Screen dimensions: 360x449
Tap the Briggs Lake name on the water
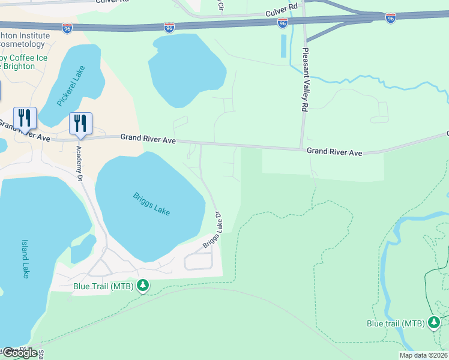coord(151,203)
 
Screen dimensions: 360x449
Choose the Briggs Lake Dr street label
coord(212,230)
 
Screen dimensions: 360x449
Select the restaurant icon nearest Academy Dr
coord(80,124)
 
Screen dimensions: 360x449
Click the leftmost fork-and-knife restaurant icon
coord(25,118)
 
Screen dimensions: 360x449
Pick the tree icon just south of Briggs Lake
coord(143,286)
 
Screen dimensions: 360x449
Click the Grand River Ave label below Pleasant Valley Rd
coord(334,152)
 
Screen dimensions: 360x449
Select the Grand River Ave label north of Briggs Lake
coord(148,139)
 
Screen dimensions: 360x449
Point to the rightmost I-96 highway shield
coord(391,19)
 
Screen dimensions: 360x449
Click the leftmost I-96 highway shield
coord(67,28)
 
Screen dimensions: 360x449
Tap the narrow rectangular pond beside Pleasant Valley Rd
coord(283,46)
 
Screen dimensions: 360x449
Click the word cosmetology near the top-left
coord(23,44)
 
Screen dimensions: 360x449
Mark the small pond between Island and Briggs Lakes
coord(83,248)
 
